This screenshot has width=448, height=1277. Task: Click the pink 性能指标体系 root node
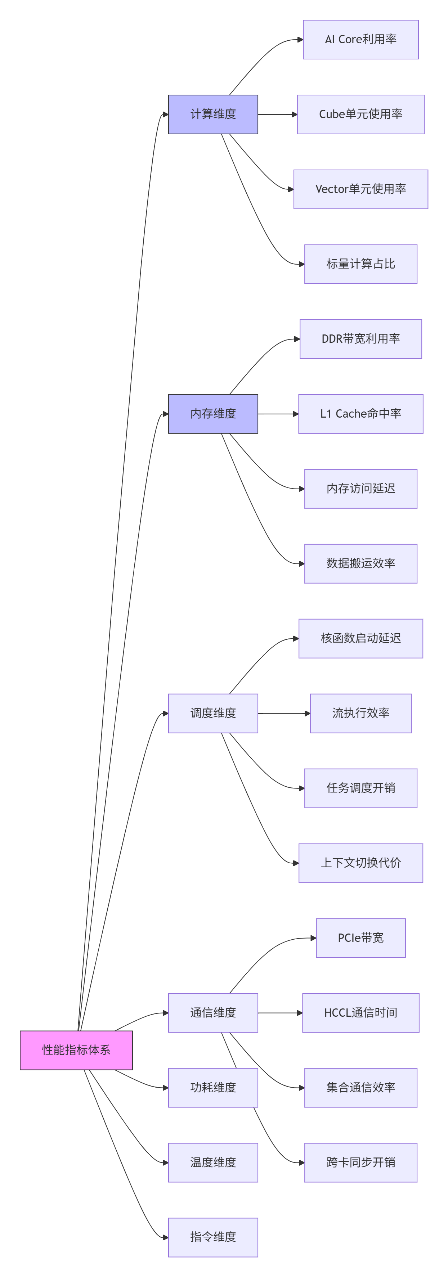pyautogui.click(x=76, y=1050)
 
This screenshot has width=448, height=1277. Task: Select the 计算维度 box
pyautogui.click(x=213, y=114)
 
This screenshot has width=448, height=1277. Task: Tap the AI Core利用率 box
pyautogui.click(x=361, y=39)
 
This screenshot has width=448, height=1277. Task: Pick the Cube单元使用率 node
pyautogui.click(x=361, y=114)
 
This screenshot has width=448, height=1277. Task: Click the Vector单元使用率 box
pyautogui.click(x=361, y=189)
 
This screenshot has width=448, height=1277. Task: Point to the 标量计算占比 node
pyautogui.click(x=361, y=264)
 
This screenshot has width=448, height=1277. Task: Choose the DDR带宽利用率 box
pyautogui.click(x=361, y=338)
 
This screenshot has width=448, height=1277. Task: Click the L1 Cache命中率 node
pyautogui.click(x=361, y=413)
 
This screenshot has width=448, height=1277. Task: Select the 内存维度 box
pyautogui.click(x=213, y=413)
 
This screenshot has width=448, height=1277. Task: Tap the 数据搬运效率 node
pyautogui.click(x=361, y=563)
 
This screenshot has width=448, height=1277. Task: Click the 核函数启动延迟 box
pyautogui.click(x=361, y=638)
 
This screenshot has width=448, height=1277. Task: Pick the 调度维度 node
pyautogui.click(x=213, y=713)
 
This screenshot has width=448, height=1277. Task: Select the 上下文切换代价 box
pyautogui.click(x=361, y=863)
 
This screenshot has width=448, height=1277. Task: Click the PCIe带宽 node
pyautogui.click(x=361, y=937)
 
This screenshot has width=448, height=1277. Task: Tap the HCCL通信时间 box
pyautogui.click(x=361, y=1012)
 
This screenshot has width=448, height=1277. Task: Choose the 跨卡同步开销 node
pyautogui.click(x=361, y=1162)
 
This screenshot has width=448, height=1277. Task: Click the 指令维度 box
pyautogui.click(x=213, y=1237)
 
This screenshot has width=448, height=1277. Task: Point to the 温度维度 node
pyautogui.click(x=213, y=1162)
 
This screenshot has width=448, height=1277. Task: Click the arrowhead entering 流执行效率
pyautogui.click(x=308, y=713)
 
